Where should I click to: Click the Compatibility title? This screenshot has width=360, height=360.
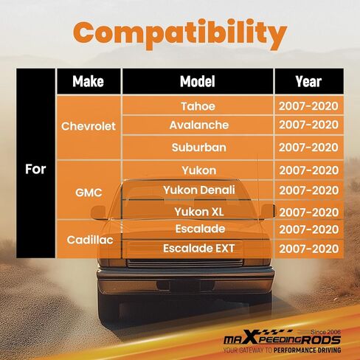click(180, 34)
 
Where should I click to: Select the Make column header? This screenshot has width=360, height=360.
click(89, 81)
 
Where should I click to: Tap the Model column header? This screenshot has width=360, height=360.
click(198, 81)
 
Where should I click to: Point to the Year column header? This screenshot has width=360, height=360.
click(309, 81)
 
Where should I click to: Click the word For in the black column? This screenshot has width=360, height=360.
click(35, 169)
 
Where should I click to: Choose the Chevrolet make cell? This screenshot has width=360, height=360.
click(89, 126)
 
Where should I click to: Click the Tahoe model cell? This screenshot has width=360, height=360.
click(198, 106)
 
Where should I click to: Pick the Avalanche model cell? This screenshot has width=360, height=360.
click(198, 125)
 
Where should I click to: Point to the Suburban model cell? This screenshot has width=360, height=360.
click(198, 148)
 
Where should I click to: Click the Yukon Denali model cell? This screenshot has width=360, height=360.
click(198, 190)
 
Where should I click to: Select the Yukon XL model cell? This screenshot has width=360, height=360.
click(198, 212)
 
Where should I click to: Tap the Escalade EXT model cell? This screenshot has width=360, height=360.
click(198, 249)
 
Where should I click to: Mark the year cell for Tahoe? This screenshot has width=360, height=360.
click(309, 106)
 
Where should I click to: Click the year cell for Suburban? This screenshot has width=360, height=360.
click(309, 148)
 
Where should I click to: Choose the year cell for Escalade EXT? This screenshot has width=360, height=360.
click(309, 249)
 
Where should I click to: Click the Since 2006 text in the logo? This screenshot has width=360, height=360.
click(325, 332)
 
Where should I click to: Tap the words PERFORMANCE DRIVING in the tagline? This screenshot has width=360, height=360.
click(307, 350)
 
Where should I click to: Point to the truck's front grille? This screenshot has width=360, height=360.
click(185, 263)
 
